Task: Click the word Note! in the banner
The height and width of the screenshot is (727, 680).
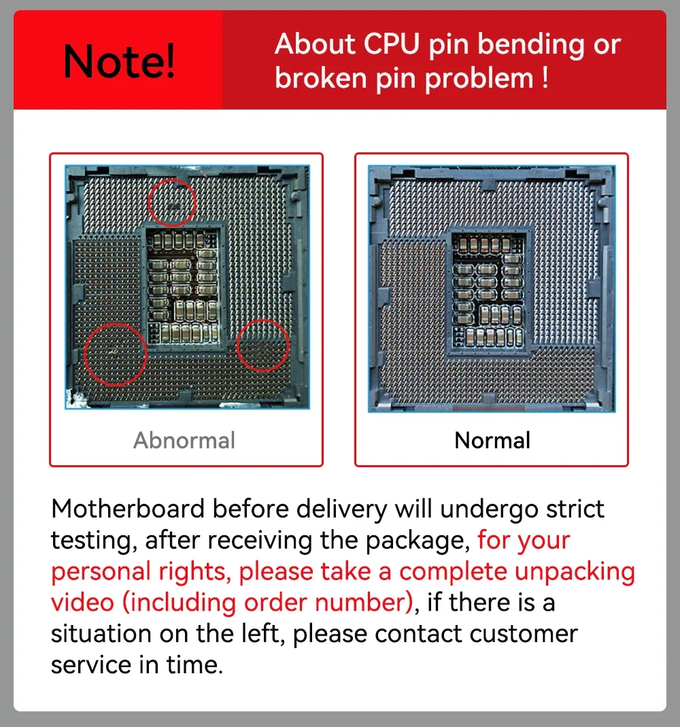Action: coord(119,61)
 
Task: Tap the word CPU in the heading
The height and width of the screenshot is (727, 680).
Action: coord(391,44)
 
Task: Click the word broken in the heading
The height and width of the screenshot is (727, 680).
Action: coord(321,78)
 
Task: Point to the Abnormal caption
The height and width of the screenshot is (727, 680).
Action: coord(184,440)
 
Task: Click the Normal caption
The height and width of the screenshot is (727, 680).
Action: coord(492,440)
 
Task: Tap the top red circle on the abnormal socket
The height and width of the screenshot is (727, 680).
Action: coord(173,180)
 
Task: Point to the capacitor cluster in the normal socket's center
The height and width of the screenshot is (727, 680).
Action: coord(489,290)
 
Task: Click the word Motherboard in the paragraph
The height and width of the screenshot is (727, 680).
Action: coord(127,509)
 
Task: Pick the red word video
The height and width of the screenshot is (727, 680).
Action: coord(82,603)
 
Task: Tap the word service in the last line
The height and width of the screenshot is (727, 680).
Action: coord(91,665)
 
